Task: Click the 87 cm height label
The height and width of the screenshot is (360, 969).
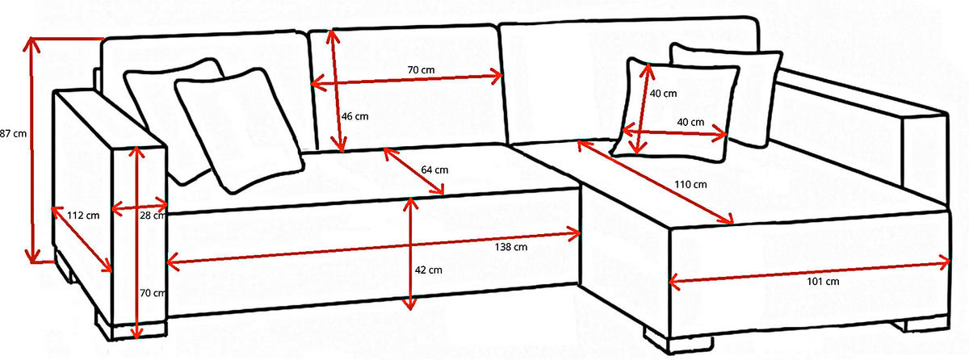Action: pyautogui.click(x=13, y=134)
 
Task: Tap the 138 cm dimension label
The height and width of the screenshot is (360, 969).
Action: pyautogui.click(x=511, y=247)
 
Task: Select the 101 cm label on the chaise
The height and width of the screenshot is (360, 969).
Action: pyautogui.click(x=823, y=282)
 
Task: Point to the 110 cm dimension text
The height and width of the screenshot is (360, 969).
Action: pyautogui.click(x=690, y=185)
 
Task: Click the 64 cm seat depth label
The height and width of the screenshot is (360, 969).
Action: pyautogui.click(x=434, y=170)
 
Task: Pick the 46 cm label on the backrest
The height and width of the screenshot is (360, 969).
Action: pyautogui.click(x=354, y=116)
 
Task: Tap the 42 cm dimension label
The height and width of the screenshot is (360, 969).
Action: pyautogui.click(x=428, y=270)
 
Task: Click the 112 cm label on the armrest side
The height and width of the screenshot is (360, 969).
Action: pyautogui.click(x=83, y=216)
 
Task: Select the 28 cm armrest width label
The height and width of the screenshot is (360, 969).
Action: pyautogui.click(x=153, y=216)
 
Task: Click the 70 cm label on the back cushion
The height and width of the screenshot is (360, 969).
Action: pyautogui.click(x=421, y=70)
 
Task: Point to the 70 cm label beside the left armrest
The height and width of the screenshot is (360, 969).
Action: pyautogui.click(x=153, y=293)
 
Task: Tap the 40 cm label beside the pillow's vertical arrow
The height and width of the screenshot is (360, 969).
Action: pyautogui.click(x=663, y=94)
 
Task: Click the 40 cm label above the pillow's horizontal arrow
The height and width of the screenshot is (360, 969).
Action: pyautogui.click(x=690, y=123)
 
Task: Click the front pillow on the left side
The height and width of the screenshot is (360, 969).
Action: pyautogui.click(x=239, y=130)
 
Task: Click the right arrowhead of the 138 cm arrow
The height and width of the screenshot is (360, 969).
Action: pyautogui.click(x=574, y=234)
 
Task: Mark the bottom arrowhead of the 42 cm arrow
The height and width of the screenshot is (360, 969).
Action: pyautogui.click(x=409, y=303)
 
